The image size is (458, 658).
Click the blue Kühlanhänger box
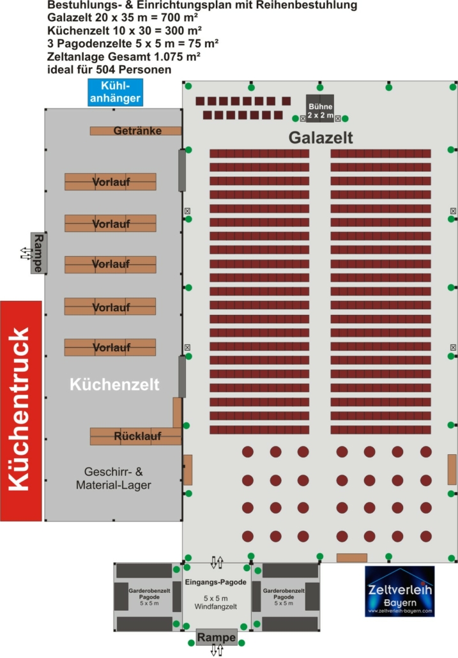click(x=116, y=93)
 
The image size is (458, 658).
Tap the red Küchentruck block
click(x=21, y=411)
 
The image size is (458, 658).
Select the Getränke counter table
click(x=136, y=131)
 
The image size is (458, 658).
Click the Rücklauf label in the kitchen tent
click(x=137, y=436)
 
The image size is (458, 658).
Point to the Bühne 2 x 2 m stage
click(x=320, y=109)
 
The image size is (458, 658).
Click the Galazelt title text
click(x=321, y=137)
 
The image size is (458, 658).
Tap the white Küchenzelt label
click(x=114, y=385)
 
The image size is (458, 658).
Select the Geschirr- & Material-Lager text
click(x=114, y=478)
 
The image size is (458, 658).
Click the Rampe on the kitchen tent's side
click(x=38, y=253)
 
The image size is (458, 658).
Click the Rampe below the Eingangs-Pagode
click(x=217, y=638)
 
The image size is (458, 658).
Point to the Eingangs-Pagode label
click(x=215, y=583)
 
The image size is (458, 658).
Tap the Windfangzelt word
click(x=215, y=607)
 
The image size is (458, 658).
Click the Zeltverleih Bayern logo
click(x=400, y=592)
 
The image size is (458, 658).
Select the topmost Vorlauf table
click(x=111, y=181)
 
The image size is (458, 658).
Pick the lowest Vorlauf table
click(x=110, y=348)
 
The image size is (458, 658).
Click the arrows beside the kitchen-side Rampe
click(x=26, y=254)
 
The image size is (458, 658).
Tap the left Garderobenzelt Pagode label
click(x=149, y=597)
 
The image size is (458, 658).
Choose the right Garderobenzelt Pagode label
click(x=284, y=597)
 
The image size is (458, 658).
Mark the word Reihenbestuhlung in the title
click(x=299, y=6)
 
